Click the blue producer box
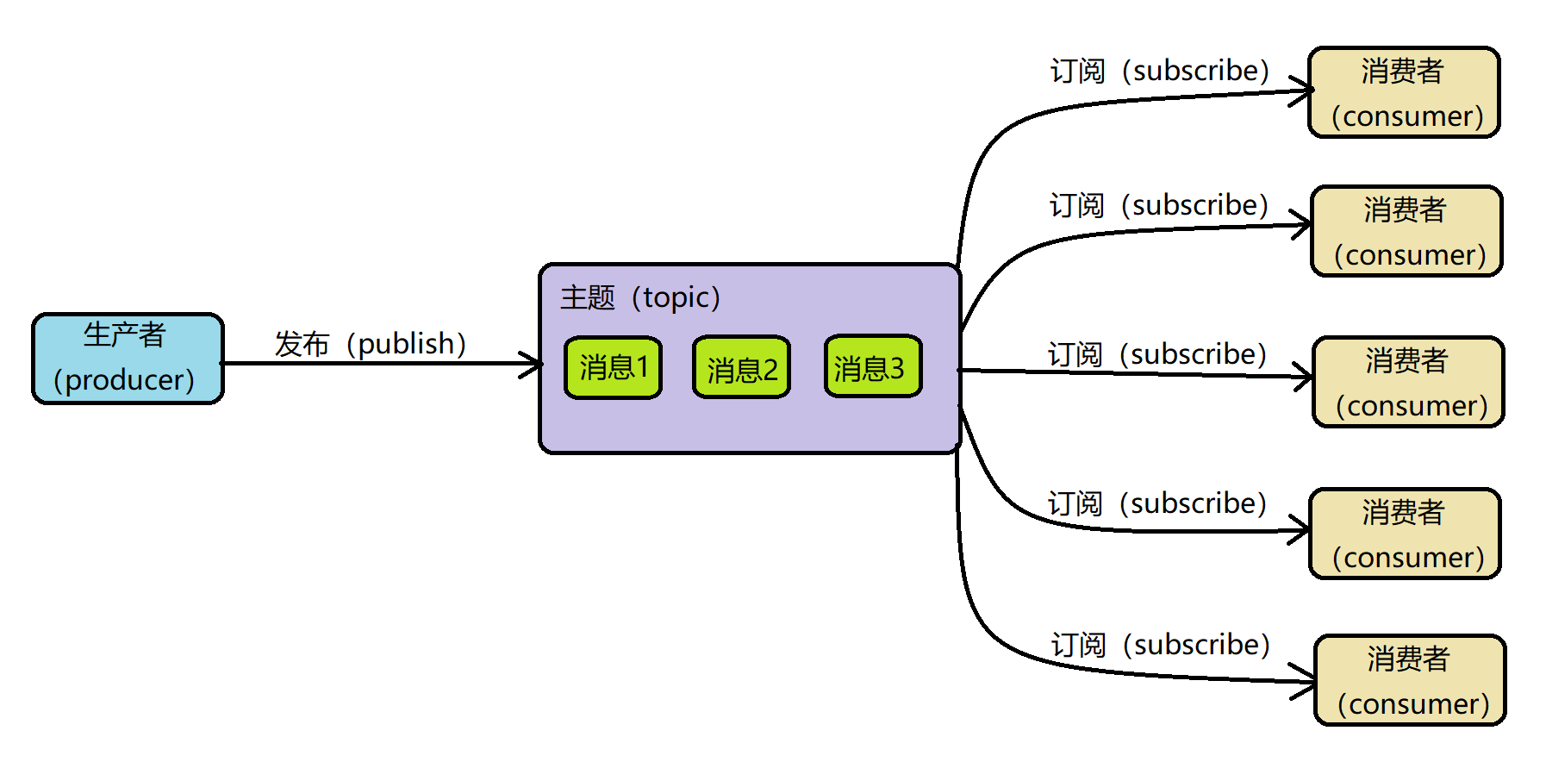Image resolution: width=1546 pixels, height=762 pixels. (128, 359)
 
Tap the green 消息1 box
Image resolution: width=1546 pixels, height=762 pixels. (613, 368)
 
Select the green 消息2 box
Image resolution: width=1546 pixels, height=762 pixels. (741, 368)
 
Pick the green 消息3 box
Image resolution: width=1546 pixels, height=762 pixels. (872, 367)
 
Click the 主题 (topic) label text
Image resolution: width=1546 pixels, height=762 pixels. (640, 298)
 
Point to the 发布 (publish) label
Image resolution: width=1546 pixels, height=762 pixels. (371, 344)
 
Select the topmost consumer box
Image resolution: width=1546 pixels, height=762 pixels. (1404, 92)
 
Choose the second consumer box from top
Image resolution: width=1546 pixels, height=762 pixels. (1406, 231)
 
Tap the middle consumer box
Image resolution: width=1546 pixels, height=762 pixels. (1408, 382)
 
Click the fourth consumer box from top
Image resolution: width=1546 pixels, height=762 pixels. (1405, 534)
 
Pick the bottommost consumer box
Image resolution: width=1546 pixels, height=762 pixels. (1410, 680)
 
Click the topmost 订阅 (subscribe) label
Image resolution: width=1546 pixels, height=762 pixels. (1160, 71)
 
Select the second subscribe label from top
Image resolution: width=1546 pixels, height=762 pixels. (1159, 205)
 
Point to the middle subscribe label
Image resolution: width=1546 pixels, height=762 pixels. (1157, 354)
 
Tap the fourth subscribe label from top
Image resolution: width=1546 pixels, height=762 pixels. (1157, 503)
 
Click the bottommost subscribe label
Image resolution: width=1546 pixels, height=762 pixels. (1161, 645)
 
